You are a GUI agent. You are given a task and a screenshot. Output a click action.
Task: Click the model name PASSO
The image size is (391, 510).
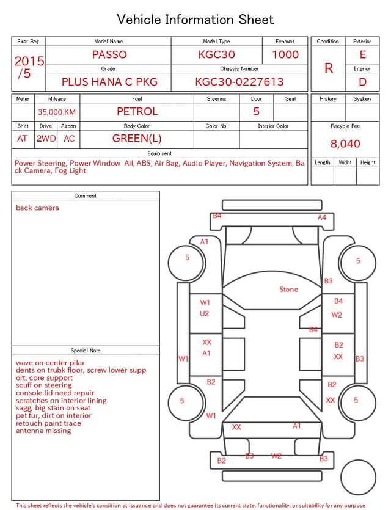(109, 54)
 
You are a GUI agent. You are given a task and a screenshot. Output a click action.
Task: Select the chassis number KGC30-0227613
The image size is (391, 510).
(239, 82)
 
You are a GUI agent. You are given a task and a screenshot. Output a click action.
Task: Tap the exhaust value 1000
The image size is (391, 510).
(285, 54)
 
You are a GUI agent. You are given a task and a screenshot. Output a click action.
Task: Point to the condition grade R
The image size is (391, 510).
(329, 68)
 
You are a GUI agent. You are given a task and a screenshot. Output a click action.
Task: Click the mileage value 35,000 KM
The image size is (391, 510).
(57, 112)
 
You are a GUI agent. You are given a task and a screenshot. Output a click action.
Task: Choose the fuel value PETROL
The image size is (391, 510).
(137, 112)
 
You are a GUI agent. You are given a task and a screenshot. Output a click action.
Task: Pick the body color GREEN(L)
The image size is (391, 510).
(137, 139)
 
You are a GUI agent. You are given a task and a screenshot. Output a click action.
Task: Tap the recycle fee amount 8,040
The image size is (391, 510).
(345, 144)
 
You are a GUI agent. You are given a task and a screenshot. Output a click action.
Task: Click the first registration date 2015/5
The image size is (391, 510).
(29, 67)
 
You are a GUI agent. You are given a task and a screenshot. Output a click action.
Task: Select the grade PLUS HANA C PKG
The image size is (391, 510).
(109, 82)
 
